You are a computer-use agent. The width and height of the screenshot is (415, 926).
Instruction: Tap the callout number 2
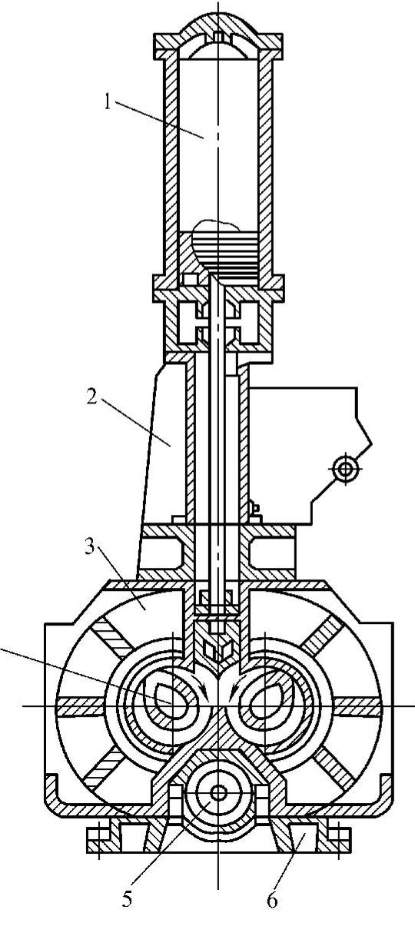tap(91, 397)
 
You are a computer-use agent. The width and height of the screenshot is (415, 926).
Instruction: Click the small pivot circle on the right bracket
tap(344, 468)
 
